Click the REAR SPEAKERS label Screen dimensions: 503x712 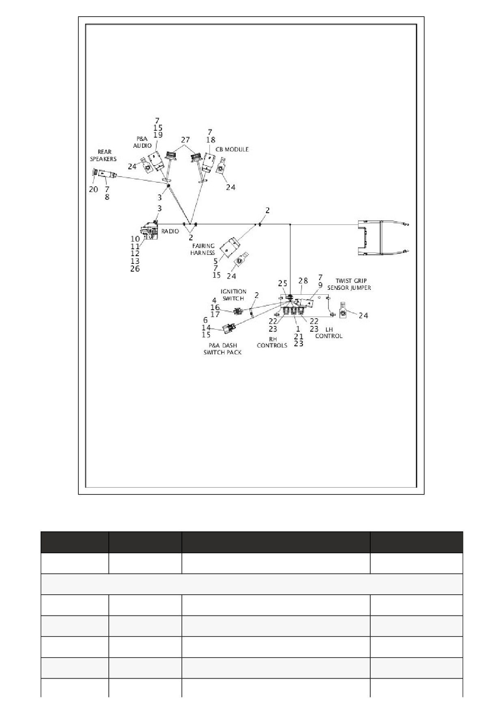[x=103, y=155]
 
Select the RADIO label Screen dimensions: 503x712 [x=171, y=231]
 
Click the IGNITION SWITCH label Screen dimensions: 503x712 [x=233, y=295]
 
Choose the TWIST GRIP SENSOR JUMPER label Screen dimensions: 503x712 [x=349, y=284]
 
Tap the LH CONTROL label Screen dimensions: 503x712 [x=329, y=333]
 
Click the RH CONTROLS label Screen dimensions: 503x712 [x=272, y=342]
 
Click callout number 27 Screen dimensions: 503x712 [x=186, y=139]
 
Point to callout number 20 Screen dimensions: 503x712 [x=93, y=189]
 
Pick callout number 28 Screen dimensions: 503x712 [x=303, y=280]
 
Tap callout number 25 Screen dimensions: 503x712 [x=283, y=283]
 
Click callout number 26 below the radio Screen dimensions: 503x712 [x=135, y=269]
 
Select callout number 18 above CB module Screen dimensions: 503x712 [x=210, y=140]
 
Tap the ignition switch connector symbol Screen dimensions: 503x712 [x=238, y=311]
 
